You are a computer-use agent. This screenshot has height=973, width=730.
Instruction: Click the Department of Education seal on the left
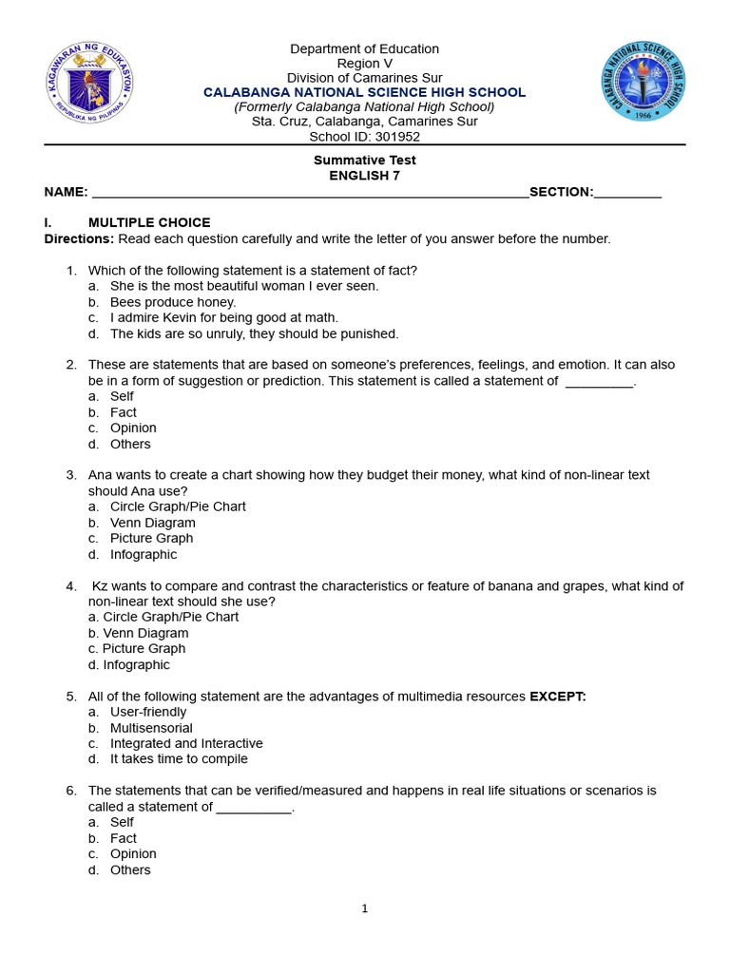point(89,86)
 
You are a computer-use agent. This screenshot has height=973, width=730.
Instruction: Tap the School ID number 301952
point(398,137)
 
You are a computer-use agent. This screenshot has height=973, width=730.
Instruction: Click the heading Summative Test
point(365,160)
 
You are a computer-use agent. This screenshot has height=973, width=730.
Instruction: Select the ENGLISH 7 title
point(365,176)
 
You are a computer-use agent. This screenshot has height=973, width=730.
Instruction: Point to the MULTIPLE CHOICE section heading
point(149,222)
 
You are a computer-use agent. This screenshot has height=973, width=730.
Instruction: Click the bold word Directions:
point(79,238)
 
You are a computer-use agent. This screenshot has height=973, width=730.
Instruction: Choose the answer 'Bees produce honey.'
point(173,302)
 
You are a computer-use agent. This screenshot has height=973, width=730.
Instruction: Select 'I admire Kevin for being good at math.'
point(224,317)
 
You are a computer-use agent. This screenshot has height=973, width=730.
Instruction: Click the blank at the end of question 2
point(598,382)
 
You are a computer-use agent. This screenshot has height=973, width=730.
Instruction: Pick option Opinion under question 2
point(133,428)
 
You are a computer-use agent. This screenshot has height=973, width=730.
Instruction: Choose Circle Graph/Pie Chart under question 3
point(178,506)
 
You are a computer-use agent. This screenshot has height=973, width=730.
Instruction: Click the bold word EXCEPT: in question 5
point(558,696)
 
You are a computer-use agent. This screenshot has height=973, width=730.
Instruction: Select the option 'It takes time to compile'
point(179,759)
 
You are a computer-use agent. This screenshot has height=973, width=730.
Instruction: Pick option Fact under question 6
point(124,838)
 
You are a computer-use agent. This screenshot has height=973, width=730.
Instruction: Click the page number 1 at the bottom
point(365,908)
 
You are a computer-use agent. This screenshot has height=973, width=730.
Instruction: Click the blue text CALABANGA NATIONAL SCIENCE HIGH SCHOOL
point(365,92)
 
